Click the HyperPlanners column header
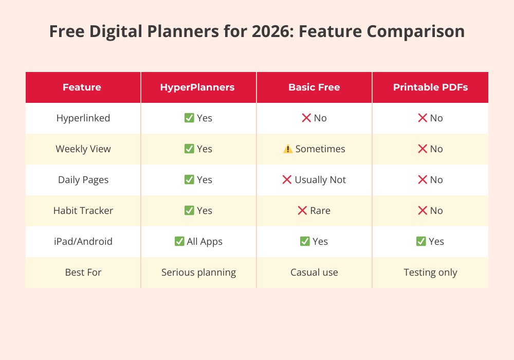[x=197, y=87]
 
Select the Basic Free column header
[x=314, y=87]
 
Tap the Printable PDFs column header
[x=430, y=87]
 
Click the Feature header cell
[x=82, y=87]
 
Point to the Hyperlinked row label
[x=83, y=118]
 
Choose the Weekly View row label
[x=83, y=149]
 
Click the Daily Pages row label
[x=83, y=180]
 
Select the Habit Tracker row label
[x=83, y=211]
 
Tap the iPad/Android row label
[x=83, y=242]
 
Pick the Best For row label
[x=83, y=273]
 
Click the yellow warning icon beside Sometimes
[x=288, y=149]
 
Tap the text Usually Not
[x=320, y=180]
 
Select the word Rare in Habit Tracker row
[x=320, y=211]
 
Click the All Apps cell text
[x=205, y=242]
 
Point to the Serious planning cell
[x=198, y=273]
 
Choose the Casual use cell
[x=314, y=273]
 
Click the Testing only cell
[x=430, y=273]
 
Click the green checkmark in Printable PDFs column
[x=421, y=242]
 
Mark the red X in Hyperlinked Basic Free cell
[x=306, y=118]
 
